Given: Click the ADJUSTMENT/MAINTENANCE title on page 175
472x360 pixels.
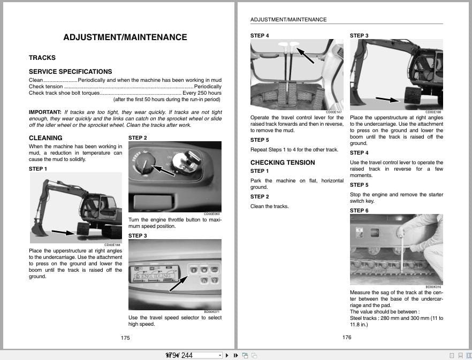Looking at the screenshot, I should click(125, 37).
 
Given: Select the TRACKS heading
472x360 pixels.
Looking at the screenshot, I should click(42, 58).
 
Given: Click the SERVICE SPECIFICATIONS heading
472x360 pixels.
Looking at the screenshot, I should click(70, 72).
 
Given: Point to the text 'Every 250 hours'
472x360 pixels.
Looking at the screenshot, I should click(202, 93).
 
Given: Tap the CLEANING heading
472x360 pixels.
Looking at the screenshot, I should click(45, 138).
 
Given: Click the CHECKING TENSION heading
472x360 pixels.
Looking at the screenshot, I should click(283, 163).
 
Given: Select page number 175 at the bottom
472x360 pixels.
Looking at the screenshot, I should click(125, 338).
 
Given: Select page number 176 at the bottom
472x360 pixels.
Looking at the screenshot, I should click(346, 337).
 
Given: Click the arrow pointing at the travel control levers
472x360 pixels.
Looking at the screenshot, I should click(306, 55).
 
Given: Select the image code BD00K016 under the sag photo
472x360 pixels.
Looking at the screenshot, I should click(433, 287).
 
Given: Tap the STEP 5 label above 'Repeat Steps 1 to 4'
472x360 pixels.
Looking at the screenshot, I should click(260, 140).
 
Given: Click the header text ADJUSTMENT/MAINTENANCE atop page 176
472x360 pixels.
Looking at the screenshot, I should click(288, 20).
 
